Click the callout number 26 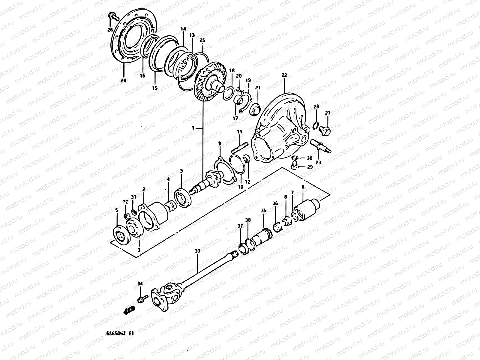point(110,29)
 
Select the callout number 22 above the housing point(284,75)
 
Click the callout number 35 point(263,211)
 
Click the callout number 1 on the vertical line point(193,128)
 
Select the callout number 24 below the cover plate point(124,80)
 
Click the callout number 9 point(220,144)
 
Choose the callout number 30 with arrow point(310,158)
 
